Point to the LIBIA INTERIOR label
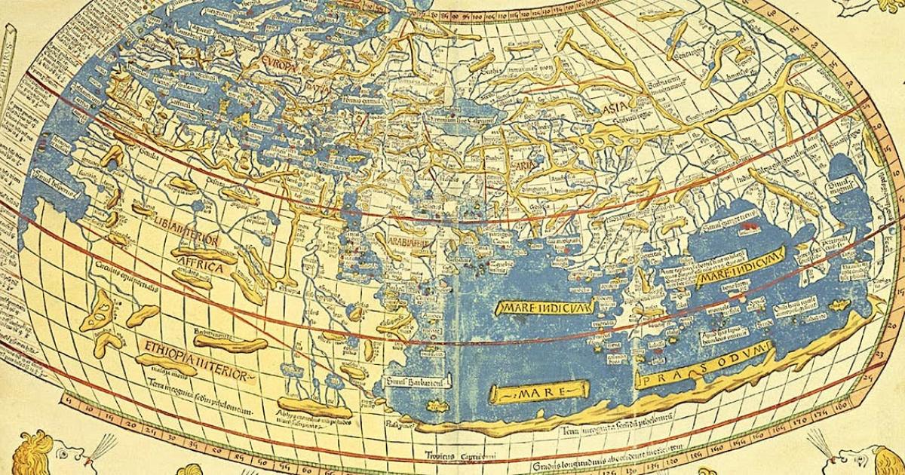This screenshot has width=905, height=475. tap(188, 242)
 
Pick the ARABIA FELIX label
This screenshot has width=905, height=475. tap(408, 244)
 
